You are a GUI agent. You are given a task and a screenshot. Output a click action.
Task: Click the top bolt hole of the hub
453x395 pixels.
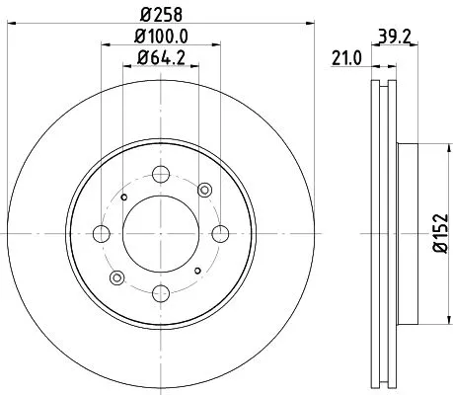click(160, 177)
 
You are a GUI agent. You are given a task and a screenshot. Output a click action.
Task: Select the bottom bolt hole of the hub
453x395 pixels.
click(160, 290)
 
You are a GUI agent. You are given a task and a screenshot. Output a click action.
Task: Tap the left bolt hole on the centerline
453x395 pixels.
click(103, 234)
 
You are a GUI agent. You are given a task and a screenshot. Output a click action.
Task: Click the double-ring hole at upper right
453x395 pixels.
click(205, 190)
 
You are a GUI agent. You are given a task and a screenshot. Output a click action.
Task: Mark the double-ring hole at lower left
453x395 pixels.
click(115, 277)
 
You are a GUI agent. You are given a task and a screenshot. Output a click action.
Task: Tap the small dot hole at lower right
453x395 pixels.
click(197, 271)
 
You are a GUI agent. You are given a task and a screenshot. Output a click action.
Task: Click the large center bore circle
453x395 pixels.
click(160, 234)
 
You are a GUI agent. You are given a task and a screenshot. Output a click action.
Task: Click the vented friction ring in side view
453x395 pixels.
click(384, 118)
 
